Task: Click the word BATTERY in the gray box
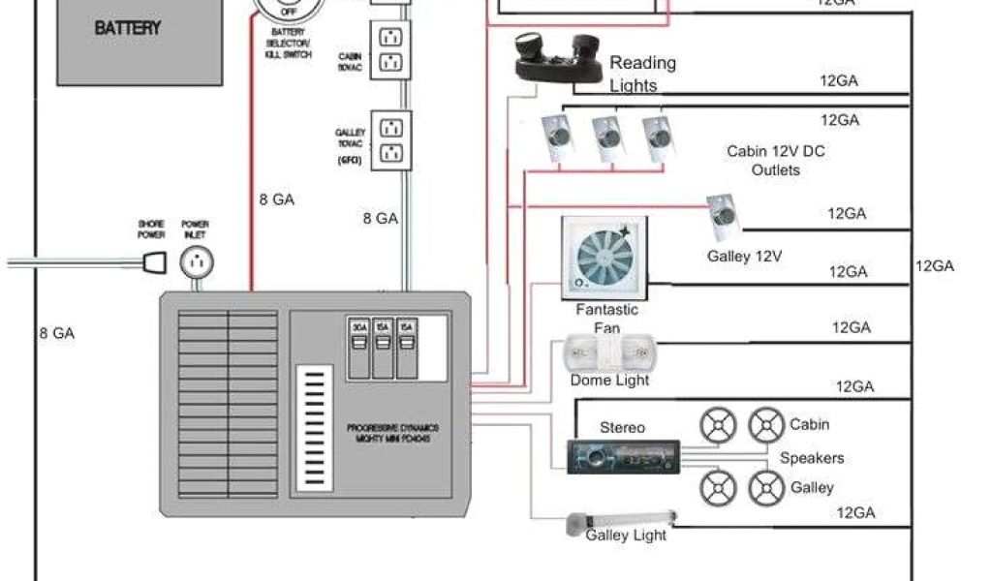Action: [127, 28]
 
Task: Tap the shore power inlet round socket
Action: [197, 261]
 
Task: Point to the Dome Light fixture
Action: [609, 353]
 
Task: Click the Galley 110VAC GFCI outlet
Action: [391, 140]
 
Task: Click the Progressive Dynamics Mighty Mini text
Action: [400, 432]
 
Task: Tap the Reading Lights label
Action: [642, 74]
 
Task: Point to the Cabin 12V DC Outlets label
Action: [776, 161]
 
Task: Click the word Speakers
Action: [812, 458]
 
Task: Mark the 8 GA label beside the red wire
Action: [278, 199]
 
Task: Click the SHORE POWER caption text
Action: [151, 229]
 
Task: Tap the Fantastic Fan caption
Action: [606, 319]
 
